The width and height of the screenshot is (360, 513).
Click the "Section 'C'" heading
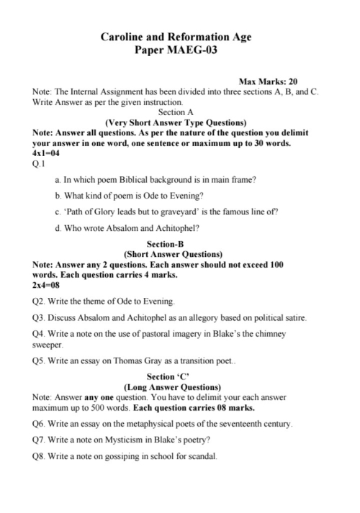tap(171, 376)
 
